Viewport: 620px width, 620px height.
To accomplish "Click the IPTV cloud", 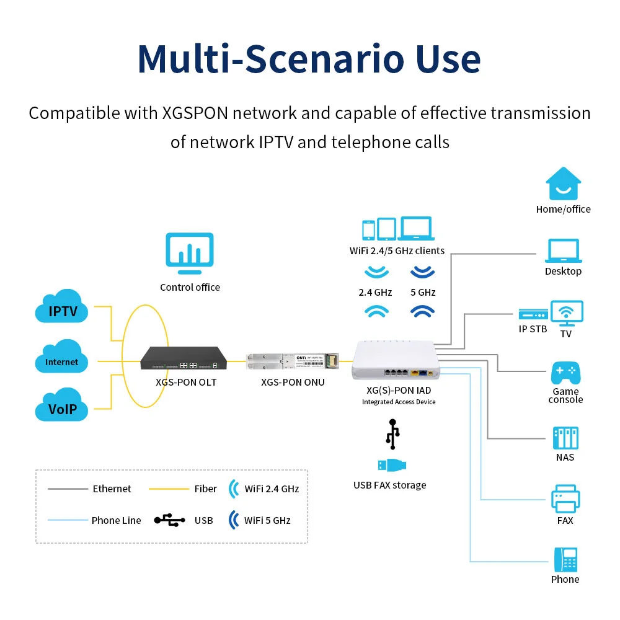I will pyautogui.click(x=63, y=308).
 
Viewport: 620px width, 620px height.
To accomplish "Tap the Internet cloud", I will pyautogui.click(x=62, y=359).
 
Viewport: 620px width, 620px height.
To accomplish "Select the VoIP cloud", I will pyautogui.click(x=63, y=407).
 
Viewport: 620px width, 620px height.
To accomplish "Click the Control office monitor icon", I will pyautogui.click(x=190, y=254).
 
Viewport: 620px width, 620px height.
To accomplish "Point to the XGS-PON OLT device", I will pyautogui.click(x=184, y=358).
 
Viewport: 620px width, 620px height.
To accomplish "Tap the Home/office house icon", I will pyautogui.click(x=563, y=184).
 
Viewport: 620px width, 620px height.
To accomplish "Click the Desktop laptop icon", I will pyautogui.click(x=563, y=252).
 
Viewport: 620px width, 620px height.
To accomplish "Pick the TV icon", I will pyautogui.click(x=567, y=313).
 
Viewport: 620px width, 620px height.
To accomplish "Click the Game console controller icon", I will pyautogui.click(x=565, y=373).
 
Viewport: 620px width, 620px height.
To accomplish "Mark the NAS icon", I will pyautogui.click(x=565, y=438).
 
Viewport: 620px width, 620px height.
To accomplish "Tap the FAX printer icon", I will pyautogui.click(x=565, y=498).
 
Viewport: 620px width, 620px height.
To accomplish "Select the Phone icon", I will pyautogui.click(x=565, y=560).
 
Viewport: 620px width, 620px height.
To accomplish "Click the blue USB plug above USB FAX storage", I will pyautogui.click(x=392, y=465).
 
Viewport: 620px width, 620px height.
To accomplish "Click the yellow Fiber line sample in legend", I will pyautogui.click(x=169, y=489).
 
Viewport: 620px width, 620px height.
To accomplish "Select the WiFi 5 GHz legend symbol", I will pyautogui.click(x=234, y=520).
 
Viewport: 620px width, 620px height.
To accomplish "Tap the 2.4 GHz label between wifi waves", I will pyautogui.click(x=375, y=292).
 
